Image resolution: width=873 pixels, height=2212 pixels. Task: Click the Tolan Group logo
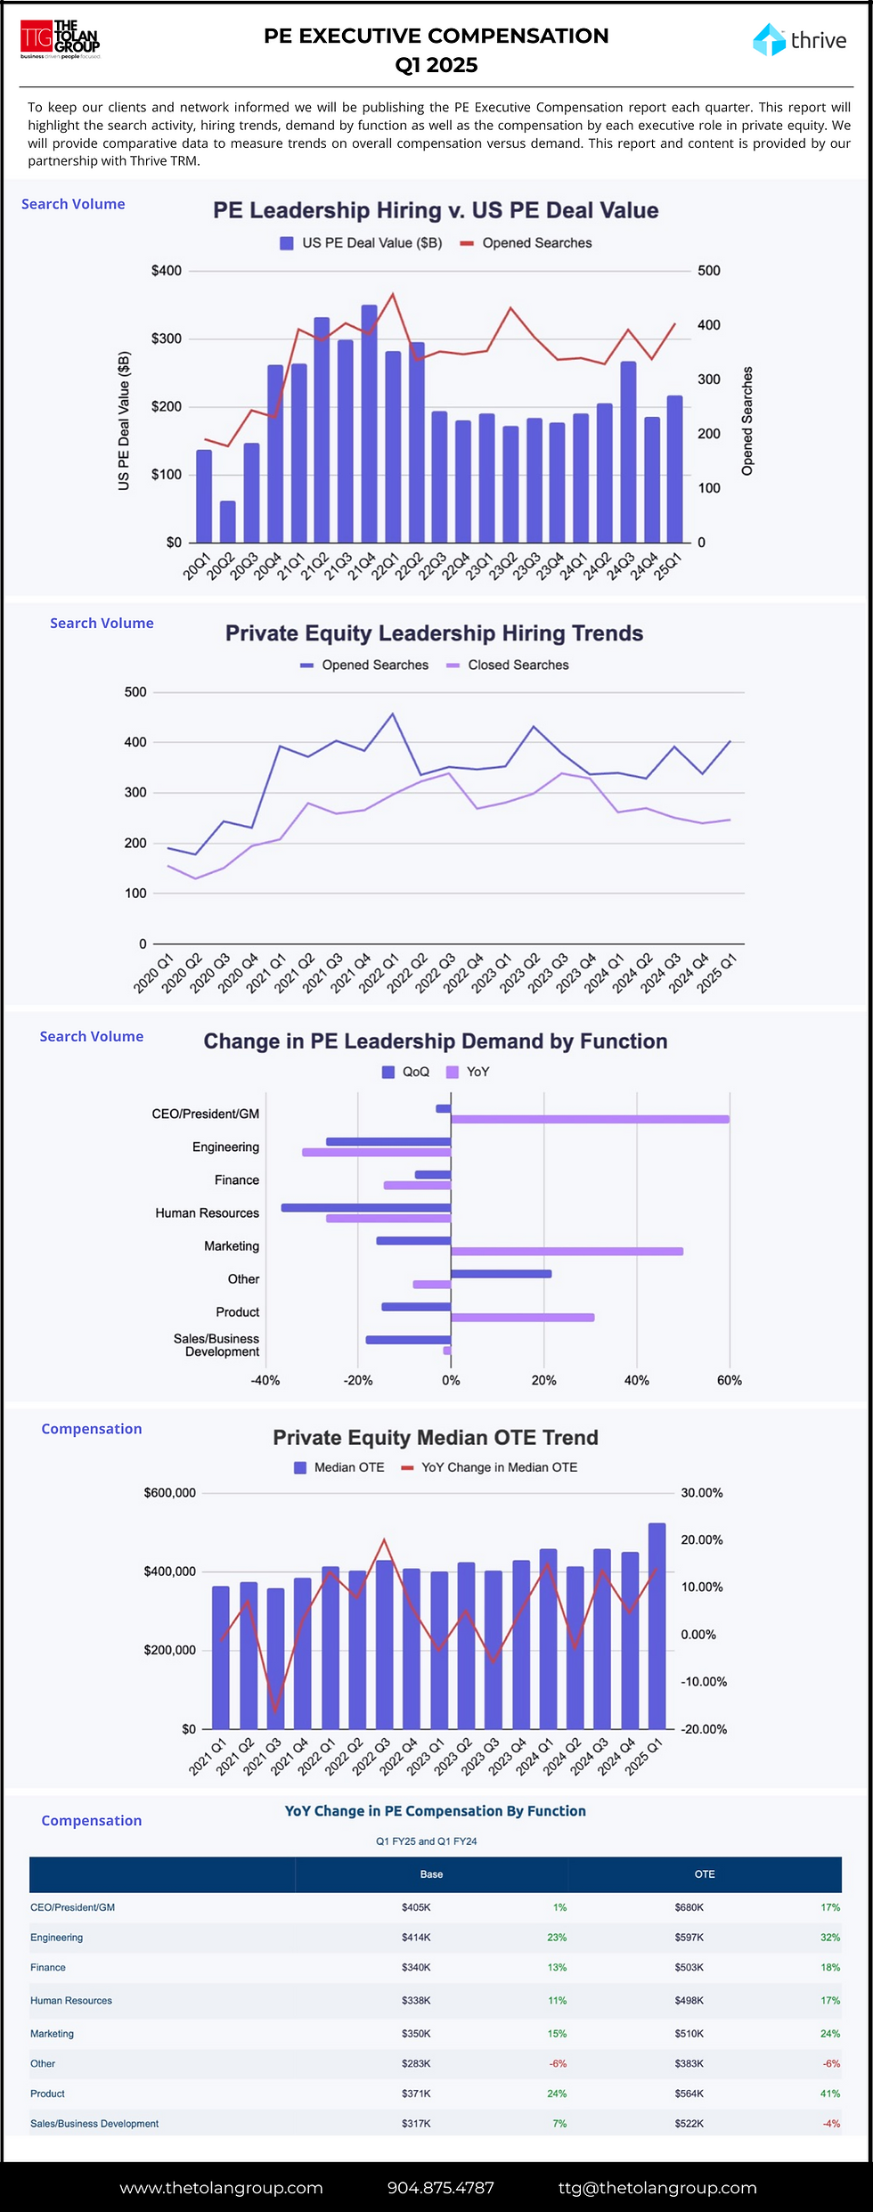click(61, 39)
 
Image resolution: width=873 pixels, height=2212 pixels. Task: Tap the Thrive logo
click(799, 40)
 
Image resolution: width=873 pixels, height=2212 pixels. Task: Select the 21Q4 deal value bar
click(369, 423)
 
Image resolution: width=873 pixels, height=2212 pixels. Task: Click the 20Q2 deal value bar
click(228, 521)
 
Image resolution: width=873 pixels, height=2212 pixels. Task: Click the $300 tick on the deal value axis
click(167, 339)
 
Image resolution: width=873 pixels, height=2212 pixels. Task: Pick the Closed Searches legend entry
click(518, 665)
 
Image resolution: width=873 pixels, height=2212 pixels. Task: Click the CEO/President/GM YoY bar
click(590, 1119)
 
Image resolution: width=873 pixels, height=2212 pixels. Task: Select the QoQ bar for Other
click(501, 1274)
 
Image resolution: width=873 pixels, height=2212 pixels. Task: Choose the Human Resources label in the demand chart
click(207, 1213)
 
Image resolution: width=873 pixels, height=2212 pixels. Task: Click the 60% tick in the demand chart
click(729, 1381)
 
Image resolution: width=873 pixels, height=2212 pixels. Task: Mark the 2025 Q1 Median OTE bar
click(657, 1626)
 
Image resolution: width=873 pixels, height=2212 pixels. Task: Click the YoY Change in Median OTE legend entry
click(499, 1467)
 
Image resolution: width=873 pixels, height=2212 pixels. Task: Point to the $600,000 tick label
click(170, 1493)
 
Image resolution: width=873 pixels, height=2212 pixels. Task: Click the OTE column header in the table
click(705, 1874)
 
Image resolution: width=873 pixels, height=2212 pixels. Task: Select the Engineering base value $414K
click(416, 1938)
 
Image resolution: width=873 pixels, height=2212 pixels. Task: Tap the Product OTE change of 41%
click(830, 2094)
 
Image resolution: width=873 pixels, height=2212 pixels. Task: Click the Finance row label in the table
click(48, 1967)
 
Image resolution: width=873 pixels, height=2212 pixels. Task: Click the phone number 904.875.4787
click(440, 2188)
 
